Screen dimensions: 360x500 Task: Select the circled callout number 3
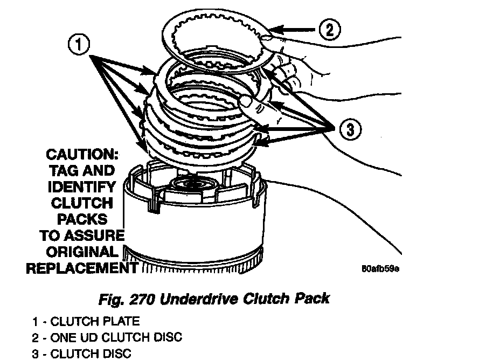(x=349, y=129)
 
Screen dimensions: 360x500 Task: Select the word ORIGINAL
(x=81, y=252)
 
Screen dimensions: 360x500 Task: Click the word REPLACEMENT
(x=81, y=268)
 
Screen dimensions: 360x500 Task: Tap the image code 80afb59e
(x=381, y=268)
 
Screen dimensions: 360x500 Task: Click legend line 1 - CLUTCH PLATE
(x=86, y=322)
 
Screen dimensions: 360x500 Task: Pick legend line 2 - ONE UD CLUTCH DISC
(x=107, y=338)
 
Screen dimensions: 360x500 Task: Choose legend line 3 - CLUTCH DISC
(x=81, y=354)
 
